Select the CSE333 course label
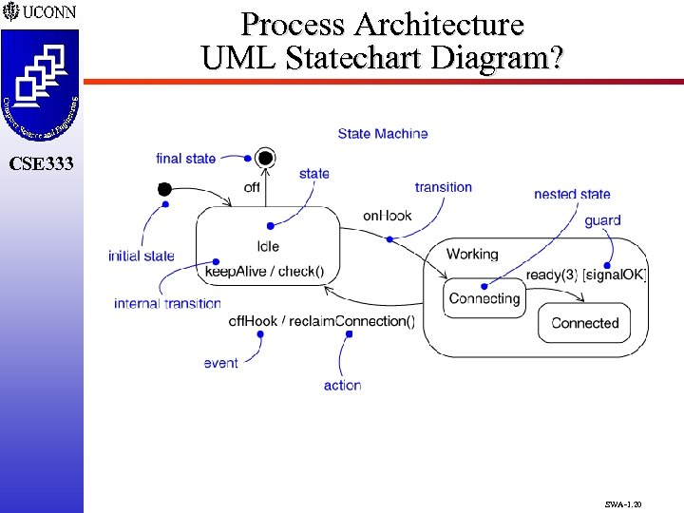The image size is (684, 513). coord(40,163)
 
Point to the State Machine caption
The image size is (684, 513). coord(382,134)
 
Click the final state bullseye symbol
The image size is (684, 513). coord(265,159)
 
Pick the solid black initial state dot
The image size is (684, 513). coord(164,189)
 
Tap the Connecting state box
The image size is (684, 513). coord(484,298)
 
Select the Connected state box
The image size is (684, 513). coord(584,323)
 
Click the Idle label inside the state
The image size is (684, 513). coord(268,247)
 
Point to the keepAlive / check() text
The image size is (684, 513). coord(264,272)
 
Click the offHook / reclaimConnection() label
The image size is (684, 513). coord(322,320)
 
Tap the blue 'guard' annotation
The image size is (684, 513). coord(602,220)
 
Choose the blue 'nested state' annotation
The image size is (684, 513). coord(572,194)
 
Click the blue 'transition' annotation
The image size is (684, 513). coord(443,187)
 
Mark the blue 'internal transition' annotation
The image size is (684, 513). coord(167,304)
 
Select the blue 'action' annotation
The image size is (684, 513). coord(342,385)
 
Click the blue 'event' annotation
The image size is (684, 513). coord(220,363)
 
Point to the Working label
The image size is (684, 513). coord(471,254)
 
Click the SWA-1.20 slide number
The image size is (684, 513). coord(623,495)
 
